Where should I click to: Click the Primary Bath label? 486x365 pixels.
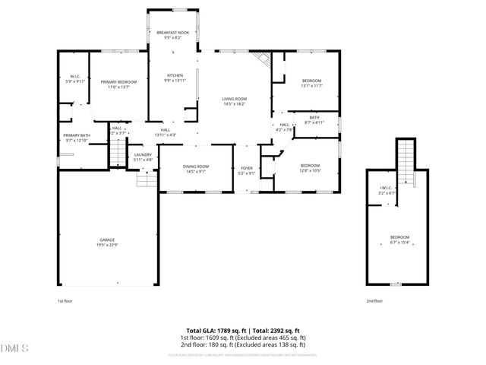tap(77, 138)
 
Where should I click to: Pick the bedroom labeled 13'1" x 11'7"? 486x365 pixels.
tap(311, 83)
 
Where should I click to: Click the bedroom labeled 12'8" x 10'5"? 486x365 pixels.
tap(309, 168)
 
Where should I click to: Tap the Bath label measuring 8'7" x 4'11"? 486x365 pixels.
tap(314, 119)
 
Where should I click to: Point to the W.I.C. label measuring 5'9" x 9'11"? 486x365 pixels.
tap(74, 78)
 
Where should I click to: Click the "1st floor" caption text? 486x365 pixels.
tap(65, 301)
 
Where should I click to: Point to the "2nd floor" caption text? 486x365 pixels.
tap(374, 301)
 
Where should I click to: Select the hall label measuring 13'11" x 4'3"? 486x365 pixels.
tap(166, 132)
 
